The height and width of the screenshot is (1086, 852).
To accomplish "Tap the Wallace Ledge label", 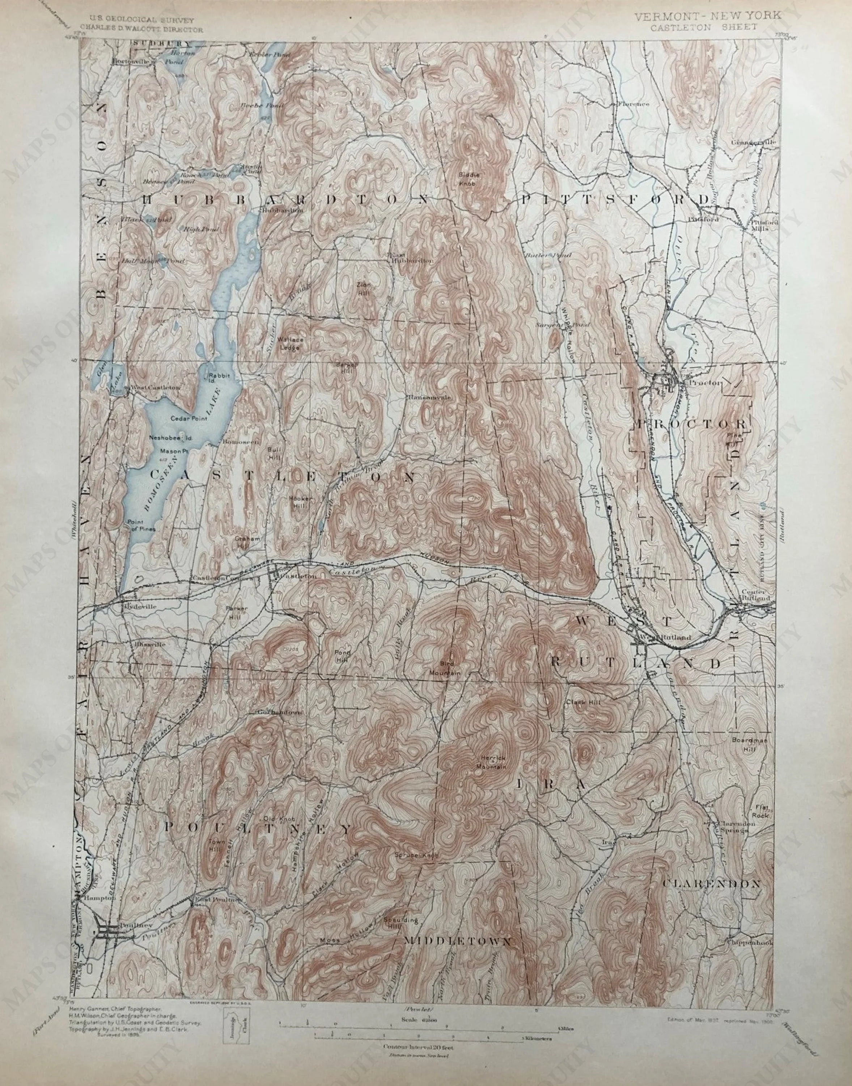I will [290, 344].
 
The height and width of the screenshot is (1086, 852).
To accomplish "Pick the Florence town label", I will [633, 104].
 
